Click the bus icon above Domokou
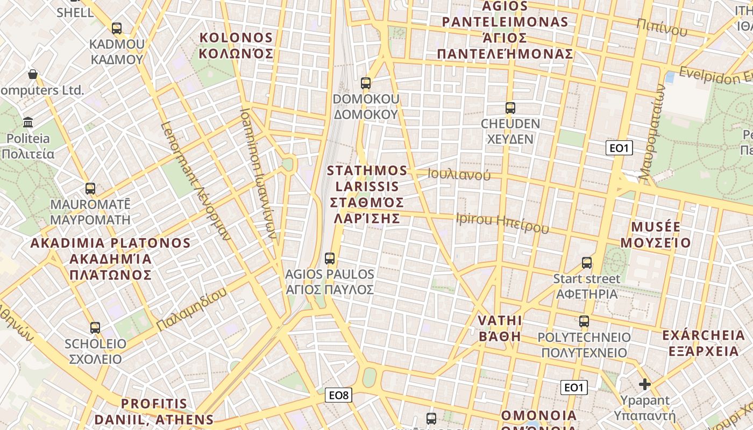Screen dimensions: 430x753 (366, 83)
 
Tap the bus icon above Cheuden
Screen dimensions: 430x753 (510, 107)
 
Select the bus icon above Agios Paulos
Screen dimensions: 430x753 (330, 259)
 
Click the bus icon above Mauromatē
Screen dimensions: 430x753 (90, 189)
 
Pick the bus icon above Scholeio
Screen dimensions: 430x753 (95, 327)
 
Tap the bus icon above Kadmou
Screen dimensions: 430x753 (117, 28)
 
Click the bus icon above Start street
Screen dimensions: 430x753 (586, 263)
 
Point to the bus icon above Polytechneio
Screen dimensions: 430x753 (584, 322)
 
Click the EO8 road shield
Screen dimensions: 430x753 (339, 396)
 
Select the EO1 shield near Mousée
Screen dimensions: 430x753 (619, 148)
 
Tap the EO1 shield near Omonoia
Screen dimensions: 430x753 (574, 387)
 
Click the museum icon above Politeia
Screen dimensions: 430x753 (29, 123)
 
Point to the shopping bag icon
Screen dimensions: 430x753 (33, 74)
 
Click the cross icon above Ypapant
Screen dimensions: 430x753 (645, 384)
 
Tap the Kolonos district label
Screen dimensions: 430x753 (236, 46)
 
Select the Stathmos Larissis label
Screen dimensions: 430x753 (367, 194)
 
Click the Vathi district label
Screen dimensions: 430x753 (500, 328)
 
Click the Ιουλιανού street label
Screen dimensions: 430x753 (459, 174)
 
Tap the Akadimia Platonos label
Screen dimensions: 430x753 (110, 259)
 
